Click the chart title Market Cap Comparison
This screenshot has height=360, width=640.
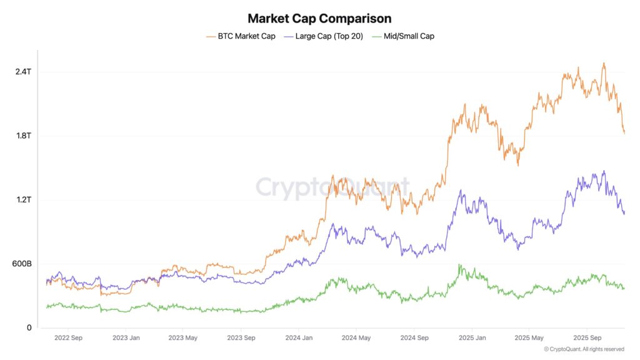point(319,18)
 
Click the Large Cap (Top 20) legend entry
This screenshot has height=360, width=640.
point(324,36)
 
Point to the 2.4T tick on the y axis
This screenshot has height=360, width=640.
point(23,72)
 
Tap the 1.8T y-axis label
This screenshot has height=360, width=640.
point(23,136)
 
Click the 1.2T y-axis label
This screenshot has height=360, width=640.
point(23,200)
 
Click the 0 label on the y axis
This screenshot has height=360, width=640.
point(28,327)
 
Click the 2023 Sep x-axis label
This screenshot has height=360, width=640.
point(241,338)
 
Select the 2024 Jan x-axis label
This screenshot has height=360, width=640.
point(298,338)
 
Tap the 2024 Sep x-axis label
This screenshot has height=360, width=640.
point(414,338)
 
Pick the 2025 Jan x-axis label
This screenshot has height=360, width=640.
point(471,338)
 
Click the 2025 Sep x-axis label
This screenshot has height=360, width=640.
point(586,338)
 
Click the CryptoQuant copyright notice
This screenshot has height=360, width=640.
point(584,349)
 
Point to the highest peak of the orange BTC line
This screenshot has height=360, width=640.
point(603,63)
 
